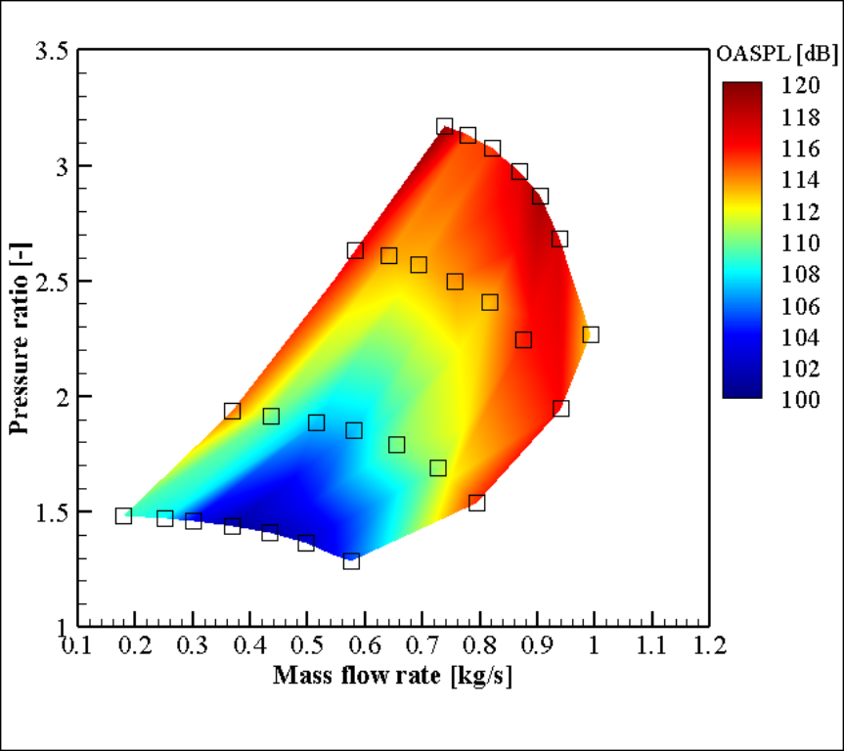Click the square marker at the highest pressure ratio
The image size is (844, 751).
click(445, 126)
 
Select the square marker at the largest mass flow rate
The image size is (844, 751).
click(590, 334)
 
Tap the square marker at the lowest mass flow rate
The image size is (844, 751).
click(123, 515)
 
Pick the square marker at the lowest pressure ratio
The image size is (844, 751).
click(351, 561)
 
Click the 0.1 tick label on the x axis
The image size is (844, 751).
click(78, 646)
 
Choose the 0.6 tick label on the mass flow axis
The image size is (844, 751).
click(365, 646)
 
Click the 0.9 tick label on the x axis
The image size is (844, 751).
click(537, 646)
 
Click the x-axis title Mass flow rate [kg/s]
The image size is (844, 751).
click(392, 676)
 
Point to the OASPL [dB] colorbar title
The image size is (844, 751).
click(773, 51)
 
